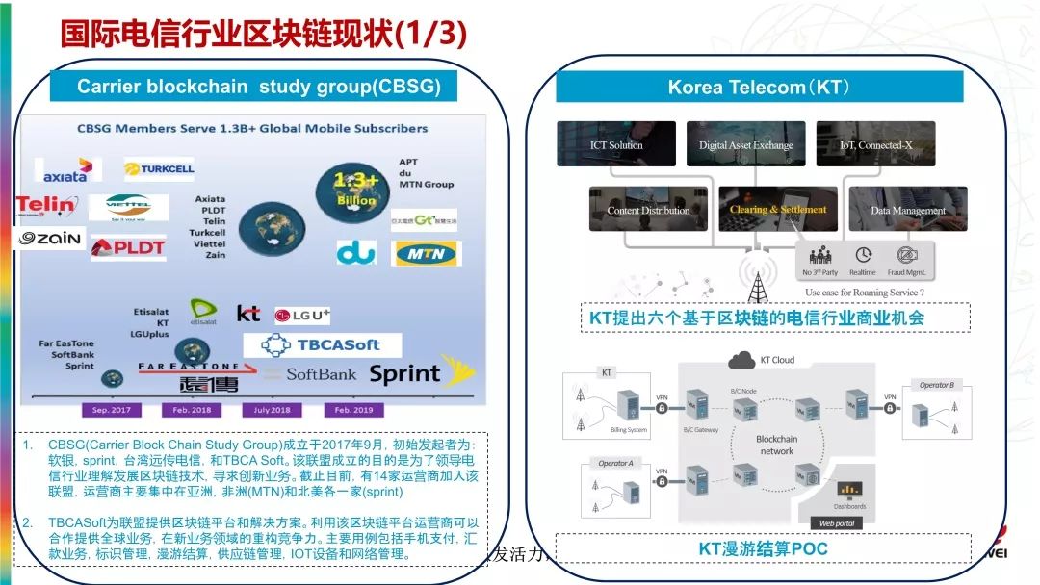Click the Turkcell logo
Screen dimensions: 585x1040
coord(159,169)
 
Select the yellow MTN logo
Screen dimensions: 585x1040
coord(427,254)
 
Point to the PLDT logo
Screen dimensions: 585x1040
coord(128,247)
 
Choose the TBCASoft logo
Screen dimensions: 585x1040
coord(322,344)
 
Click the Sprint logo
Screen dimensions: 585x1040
coord(404,374)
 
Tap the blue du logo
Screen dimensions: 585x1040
coord(355,253)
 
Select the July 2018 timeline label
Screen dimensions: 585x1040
coord(272,408)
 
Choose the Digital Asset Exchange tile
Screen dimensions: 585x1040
coord(745,144)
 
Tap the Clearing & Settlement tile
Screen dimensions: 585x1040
coord(778,209)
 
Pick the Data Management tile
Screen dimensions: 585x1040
coord(894,209)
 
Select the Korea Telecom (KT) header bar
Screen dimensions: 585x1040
coord(759,88)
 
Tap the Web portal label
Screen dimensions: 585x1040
coord(836,522)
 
